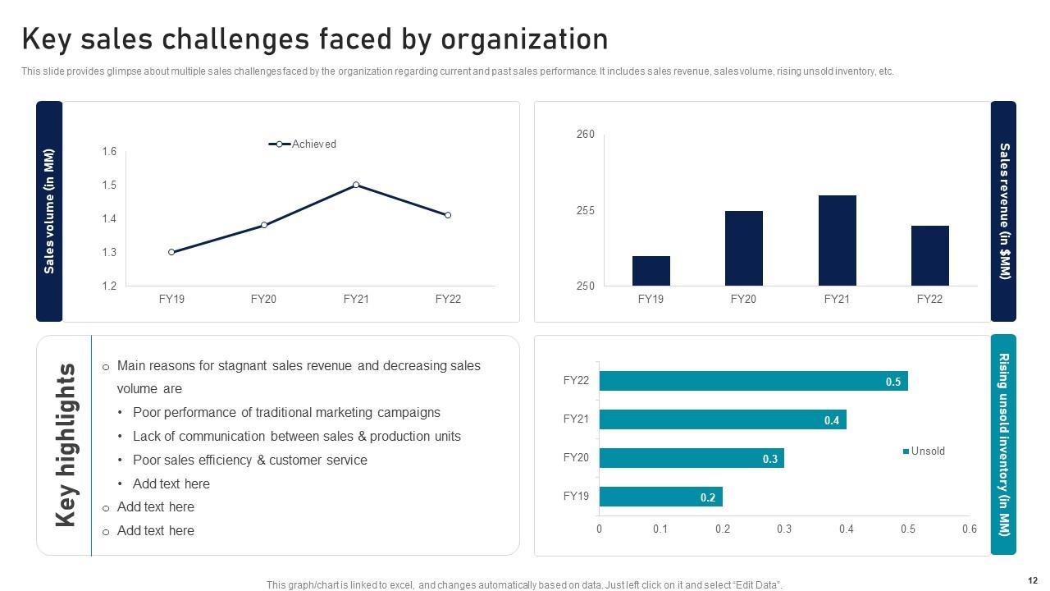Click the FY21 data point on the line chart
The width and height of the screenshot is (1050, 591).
click(x=356, y=185)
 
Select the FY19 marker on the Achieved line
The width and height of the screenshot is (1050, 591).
click(x=171, y=252)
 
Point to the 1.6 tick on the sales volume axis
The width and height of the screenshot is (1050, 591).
click(x=109, y=151)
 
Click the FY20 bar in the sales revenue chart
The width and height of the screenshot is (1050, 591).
click(x=743, y=248)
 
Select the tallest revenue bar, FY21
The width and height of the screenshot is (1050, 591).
click(x=837, y=241)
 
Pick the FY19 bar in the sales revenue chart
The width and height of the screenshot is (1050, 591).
click(x=651, y=271)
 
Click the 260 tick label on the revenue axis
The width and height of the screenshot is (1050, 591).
click(x=586, y=134)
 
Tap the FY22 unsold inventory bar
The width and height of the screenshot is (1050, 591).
click(x=753, y=381)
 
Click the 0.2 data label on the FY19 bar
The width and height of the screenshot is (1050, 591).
click(x=708, y=497)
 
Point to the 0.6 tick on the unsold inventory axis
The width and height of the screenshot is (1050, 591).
click(x=969, y=529)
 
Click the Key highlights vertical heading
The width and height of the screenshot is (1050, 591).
click(x=66, y=445)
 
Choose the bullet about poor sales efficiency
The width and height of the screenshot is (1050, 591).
click(x=249, y=460)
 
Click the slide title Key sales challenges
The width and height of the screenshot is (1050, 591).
click(x=315, y=39)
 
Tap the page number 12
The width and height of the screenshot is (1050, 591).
click(x=1032, y=580)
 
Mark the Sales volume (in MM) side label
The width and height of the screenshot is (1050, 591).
click(x=49, y=211)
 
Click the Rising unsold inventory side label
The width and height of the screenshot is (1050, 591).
click(x=1003, y=444)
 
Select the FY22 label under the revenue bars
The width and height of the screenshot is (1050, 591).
click(x=929, y=299)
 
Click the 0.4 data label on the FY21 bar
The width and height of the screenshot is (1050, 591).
click(x=832, y=420)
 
